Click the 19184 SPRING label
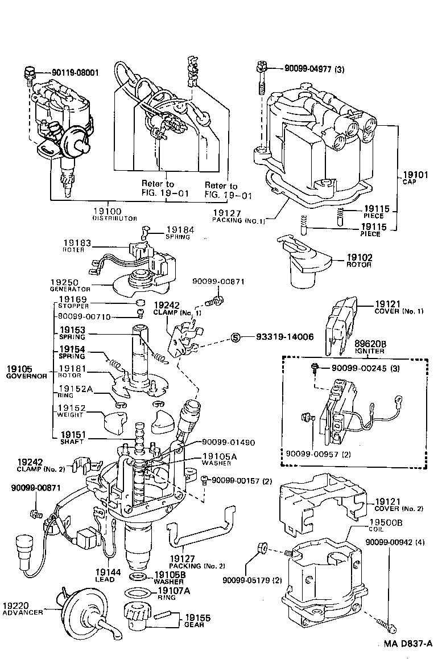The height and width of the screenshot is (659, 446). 179,233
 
